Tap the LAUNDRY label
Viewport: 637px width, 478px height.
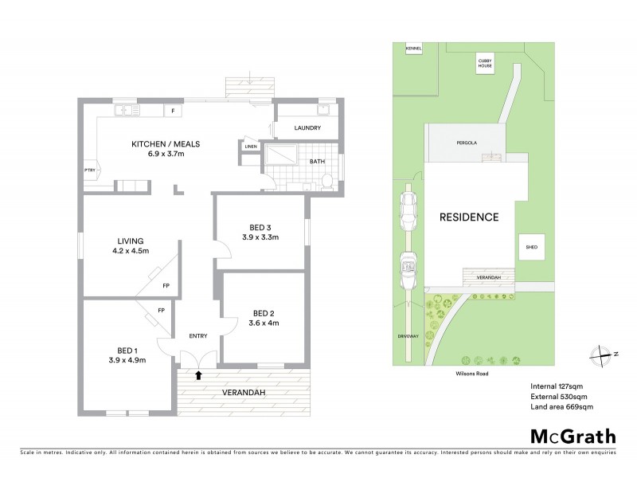(307, 128)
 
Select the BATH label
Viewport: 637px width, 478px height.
(317, 162)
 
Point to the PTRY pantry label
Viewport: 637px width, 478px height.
(89, 170)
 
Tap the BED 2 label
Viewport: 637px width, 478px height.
(263, 312)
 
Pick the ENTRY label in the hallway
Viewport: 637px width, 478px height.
(197, 336)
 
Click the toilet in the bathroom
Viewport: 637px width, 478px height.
(327, 182)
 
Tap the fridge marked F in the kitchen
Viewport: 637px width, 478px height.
(172, 111)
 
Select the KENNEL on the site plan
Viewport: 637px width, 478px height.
(413, 49)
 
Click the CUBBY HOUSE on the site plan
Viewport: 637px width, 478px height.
(484, 65)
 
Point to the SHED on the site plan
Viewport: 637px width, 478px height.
(531, 248)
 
